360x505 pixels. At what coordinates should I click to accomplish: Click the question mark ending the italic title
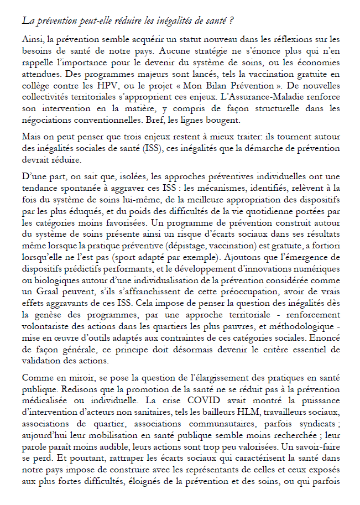pyautogui.click(x=230, y=21)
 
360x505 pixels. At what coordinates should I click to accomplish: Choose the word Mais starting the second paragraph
pyautogui.click(x=32, y=136)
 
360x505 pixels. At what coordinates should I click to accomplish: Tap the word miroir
pyautogui.click(x=86, y=378)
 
